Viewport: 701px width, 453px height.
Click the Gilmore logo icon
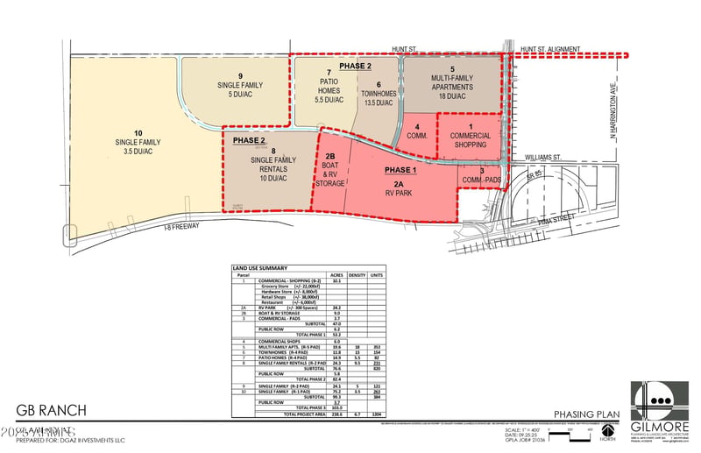(658, 404)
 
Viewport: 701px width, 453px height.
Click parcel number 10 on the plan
(134, 131)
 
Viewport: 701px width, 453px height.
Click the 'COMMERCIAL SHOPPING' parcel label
(470, 141)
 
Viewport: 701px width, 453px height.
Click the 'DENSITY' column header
(358, 274)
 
